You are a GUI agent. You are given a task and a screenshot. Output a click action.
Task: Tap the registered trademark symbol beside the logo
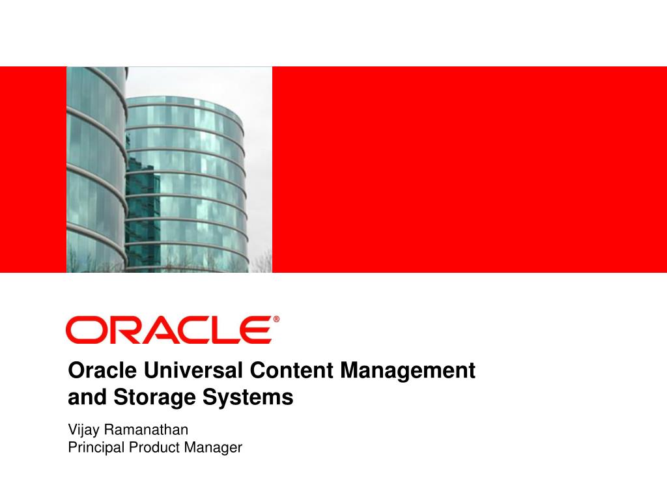pos(276,320)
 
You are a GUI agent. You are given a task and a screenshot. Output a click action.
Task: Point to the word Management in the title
pos(408,371)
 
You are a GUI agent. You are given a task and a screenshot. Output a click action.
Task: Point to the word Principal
pos(96,447)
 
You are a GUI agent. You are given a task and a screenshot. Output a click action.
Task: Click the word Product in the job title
pos(154,447)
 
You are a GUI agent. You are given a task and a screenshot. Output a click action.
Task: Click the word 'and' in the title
pos(81,397)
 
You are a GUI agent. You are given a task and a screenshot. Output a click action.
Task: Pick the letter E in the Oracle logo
pos(256,330)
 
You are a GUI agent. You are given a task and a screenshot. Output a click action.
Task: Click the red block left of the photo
pos(33,169)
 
